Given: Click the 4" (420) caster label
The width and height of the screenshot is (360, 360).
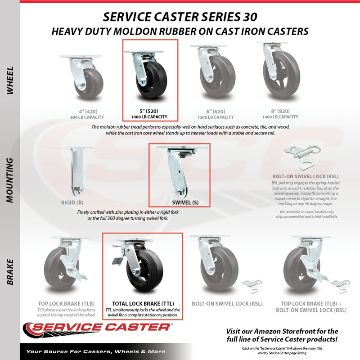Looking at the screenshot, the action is (88, 112).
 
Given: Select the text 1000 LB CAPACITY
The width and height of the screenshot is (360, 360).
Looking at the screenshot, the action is (149, 117).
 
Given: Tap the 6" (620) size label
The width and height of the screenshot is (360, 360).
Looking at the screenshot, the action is (216, 112).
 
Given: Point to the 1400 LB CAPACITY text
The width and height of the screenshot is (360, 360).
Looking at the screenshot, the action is (280, 117).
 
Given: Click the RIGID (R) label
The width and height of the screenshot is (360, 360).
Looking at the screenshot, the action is (72, 202).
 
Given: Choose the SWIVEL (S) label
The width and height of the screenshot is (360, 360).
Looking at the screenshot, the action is (185, 202).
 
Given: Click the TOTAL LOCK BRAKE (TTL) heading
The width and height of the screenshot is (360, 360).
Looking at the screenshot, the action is (143, 304).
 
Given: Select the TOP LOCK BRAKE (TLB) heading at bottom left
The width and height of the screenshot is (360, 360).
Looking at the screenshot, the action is (66, 304).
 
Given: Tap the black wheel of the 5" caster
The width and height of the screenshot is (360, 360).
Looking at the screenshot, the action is (152, 81).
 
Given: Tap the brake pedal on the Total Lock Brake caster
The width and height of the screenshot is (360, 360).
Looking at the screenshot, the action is (117, 255).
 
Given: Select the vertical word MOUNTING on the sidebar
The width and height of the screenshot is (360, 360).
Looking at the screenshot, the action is (9, 180).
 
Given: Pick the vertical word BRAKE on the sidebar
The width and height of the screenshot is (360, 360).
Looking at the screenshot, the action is (9, 272).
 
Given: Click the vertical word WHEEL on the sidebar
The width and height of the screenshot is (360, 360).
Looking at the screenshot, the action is (9, 81).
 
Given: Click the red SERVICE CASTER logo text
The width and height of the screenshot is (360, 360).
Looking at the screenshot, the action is (101, 327).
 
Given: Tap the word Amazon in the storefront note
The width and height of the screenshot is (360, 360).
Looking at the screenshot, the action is (267, 331).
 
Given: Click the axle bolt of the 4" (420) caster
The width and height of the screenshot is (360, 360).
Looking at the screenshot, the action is (81, 86).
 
